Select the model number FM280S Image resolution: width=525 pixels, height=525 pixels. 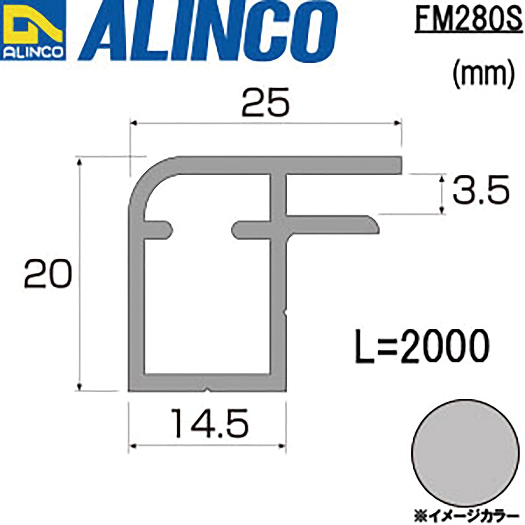coord(468,17)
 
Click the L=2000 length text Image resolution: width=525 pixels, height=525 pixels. coord(422,347)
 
